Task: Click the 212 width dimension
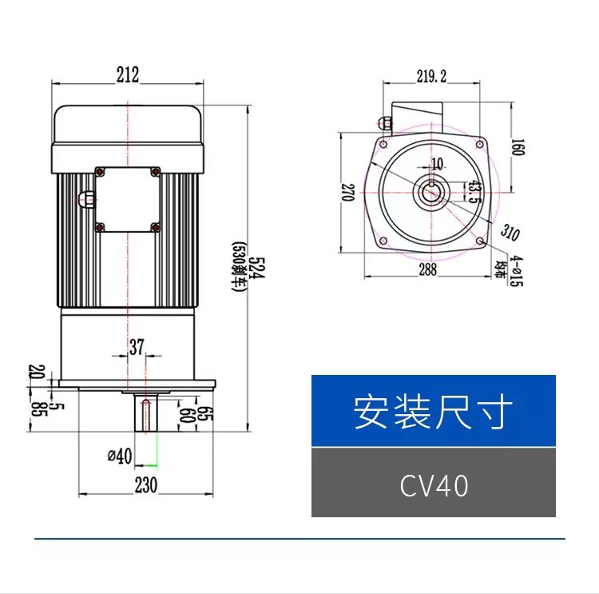click(x=128, y=74)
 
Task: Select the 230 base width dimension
click(x=145, y=485)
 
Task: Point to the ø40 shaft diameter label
click(x=119, y=456)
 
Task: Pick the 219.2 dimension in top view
click(x=431, y=76)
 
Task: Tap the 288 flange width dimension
click(x=428, y=269)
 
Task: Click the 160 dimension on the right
click(x=517, y=148)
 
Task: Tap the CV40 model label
click(x=434, y=486)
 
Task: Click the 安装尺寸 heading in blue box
click(x=433, y=411)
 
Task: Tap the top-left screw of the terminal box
click(x=100, y=172)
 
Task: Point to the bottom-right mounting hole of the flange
click(x=479, y=241)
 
